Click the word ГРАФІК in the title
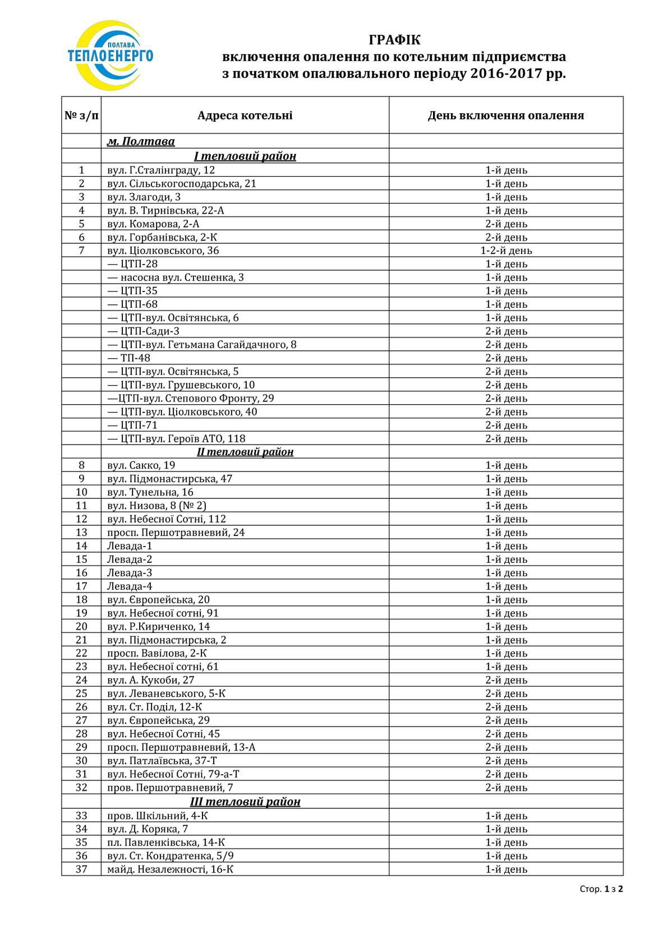[394, 40]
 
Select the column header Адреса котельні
[245, 115]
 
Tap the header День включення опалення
[505, 115]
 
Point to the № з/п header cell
[81, 115]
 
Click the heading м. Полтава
[141, 142]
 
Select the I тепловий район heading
[245, 156]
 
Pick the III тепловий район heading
[245, 802]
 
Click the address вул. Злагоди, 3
[144, 197]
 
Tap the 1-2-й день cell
[506, 251]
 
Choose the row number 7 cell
[81, 251]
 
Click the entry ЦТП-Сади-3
[143, 331]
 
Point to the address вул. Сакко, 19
[141, 465]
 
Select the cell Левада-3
[130, 573]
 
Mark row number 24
[81, 680]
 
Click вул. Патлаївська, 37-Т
[162, 761]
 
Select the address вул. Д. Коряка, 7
[147, 829]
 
